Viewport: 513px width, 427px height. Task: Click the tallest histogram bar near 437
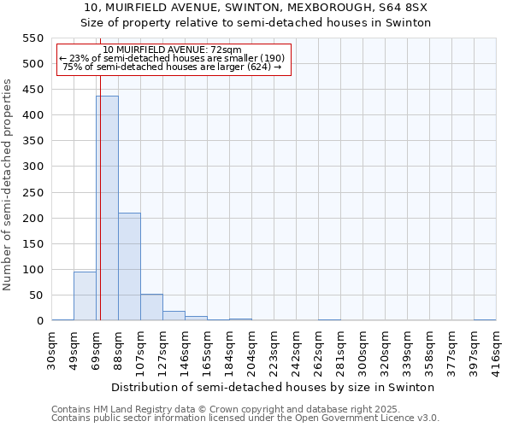coord(107,208)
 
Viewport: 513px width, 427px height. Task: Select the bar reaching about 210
coord(129,266)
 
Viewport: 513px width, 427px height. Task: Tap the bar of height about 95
coord(85,295)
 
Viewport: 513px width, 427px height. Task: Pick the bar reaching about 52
coord(151,307)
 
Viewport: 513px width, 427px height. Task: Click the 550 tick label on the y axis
coord(32,38)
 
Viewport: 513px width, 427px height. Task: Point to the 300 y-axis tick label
coord(32,167)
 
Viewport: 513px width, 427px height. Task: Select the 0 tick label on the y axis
coord(39,321)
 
